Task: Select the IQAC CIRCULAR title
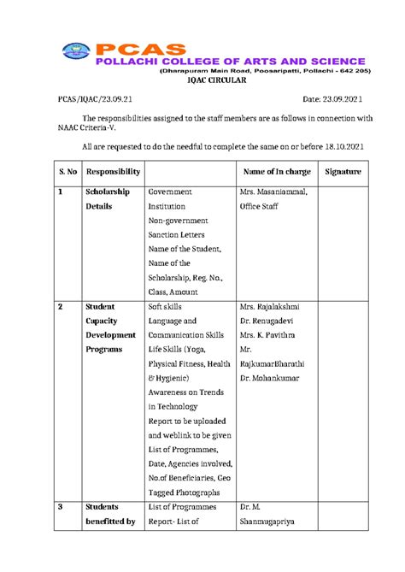point(215,80)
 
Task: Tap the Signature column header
point(343,172)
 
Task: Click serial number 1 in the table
point(61,192)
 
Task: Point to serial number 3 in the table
point(61,507)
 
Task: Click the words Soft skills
point(167,306)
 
